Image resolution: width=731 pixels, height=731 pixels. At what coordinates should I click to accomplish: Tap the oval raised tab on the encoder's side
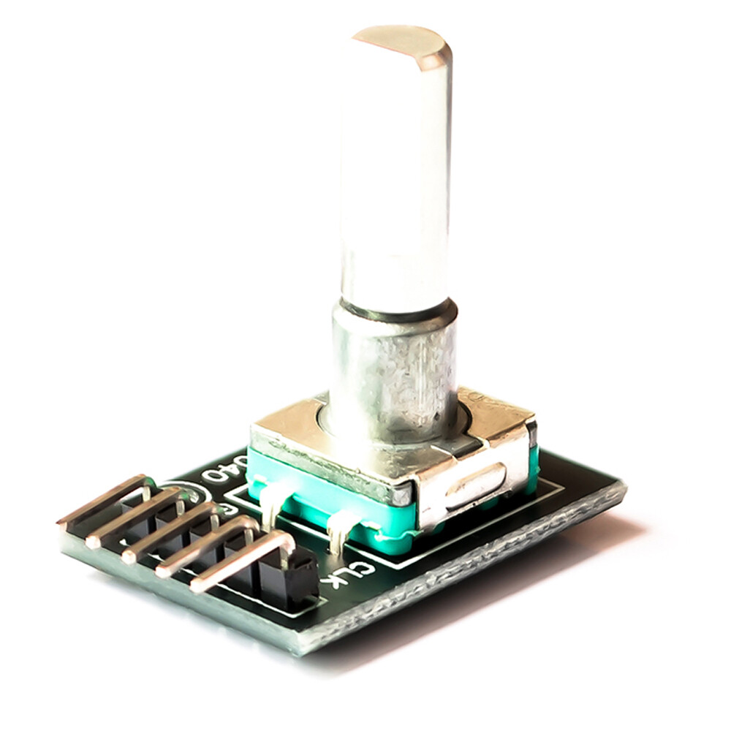474,485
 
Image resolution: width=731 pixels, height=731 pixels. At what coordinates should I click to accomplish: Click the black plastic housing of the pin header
289,577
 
